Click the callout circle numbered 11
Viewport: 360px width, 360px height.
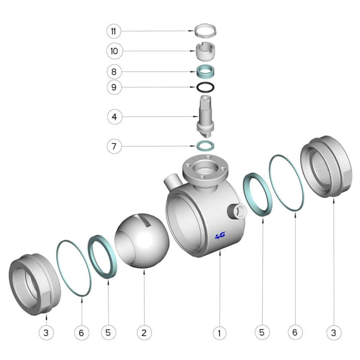coord(114,31)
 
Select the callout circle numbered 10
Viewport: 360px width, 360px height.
coord(115,51)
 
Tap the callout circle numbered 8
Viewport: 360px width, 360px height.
coord(114,72)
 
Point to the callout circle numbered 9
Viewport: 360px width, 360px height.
coord(114,87)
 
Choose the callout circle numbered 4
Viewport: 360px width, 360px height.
coord(115,117)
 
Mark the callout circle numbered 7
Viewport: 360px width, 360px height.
coord(114,146)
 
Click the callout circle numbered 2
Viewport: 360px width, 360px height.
coord(144,333)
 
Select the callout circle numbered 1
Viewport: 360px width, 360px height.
coord(220,333)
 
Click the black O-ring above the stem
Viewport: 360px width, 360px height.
coord(205,87)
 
